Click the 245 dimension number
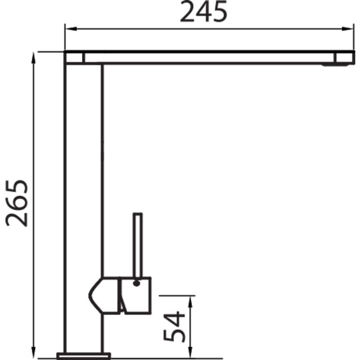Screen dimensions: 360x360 pyautogui.click(x=204, y=12)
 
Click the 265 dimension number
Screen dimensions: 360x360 pyautogui.click(x=17, y=203)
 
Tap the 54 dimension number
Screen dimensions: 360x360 pyautogui.click(x=174, y=326)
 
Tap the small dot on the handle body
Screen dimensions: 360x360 pyautogui.click(x=136, y=283)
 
